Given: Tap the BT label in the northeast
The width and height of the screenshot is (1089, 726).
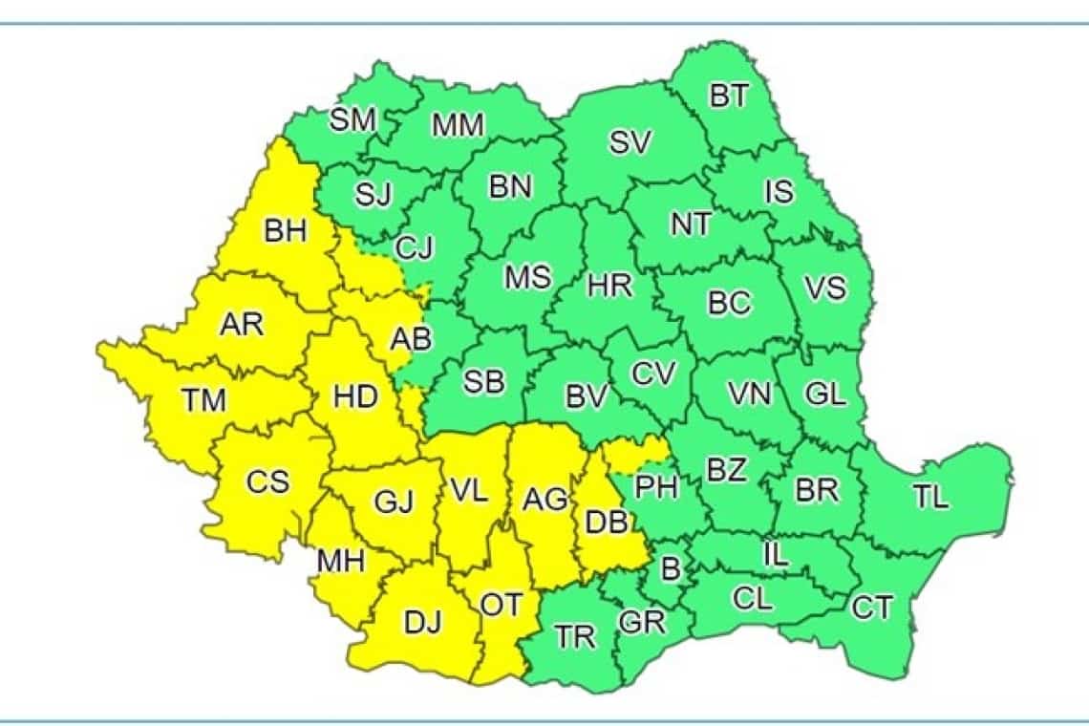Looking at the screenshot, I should [x=729, y=96].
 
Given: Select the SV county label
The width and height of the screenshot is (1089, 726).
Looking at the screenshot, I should [x=630, y=143].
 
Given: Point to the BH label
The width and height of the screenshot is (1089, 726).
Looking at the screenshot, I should [x=286, y=231].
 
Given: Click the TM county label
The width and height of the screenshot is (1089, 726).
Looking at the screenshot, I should [x=204, y=401].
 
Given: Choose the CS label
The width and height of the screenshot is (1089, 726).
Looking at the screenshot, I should [x=267, y=482].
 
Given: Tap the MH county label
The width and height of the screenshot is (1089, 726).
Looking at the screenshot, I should [x=341, y=561].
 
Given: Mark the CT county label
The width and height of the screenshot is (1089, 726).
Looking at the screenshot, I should [x=871, y=608].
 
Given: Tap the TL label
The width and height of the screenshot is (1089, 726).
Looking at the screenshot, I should [x=930, y=497].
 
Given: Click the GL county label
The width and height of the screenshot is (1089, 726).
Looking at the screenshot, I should [x=825, y=394].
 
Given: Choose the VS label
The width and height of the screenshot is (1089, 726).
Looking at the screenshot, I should [x=823, y=288].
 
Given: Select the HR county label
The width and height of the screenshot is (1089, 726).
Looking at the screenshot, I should [x=609, y=286].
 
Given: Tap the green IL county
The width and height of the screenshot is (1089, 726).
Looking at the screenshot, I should [x=776, y=554].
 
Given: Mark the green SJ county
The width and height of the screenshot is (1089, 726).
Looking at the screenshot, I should [x=374, y=194].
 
